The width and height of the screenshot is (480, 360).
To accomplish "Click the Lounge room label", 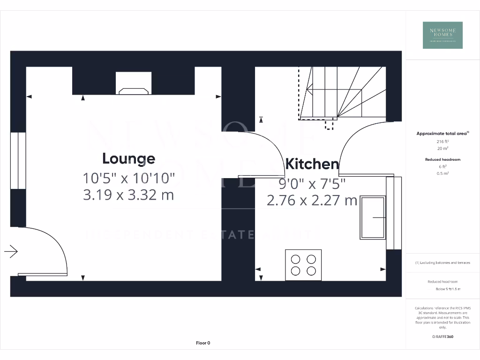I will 128,158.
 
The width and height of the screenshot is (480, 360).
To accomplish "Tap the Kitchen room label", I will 312,164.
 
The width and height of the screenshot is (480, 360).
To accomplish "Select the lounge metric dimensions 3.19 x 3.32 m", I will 128,194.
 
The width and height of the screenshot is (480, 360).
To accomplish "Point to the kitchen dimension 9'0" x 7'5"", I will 312,183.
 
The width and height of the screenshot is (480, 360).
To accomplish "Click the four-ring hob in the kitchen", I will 303,265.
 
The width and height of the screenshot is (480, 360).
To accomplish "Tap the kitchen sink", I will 373,217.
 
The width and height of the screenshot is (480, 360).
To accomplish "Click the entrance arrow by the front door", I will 11,252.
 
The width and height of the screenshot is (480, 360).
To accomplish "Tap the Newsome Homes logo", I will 442,35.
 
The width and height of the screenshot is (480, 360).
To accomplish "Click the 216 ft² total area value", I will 442,141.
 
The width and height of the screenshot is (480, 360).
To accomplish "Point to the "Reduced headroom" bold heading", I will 442,159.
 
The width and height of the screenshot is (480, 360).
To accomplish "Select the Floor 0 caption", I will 203,343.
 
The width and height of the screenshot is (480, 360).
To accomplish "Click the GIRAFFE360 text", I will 442,337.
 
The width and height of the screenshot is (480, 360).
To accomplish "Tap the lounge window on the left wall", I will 18,160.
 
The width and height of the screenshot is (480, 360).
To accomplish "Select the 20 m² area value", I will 442,148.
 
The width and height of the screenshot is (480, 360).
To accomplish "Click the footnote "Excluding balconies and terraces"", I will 442,263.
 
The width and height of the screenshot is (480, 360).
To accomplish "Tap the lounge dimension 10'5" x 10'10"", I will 128,178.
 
